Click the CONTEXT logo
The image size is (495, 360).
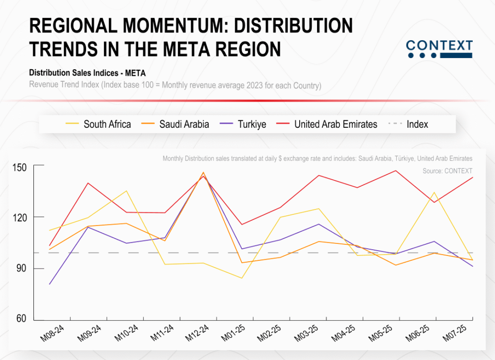pyautogui.click(x=439, y=49)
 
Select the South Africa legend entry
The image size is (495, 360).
pyautogui.click(x=98, y=124)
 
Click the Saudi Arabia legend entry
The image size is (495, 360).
pyautogui.click(x=175, y=124)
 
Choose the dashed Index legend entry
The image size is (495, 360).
pyautogui.click(x=409, y=124)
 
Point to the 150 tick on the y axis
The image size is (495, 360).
pyautogui.click(x=20, y=166)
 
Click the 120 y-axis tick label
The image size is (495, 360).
pyautogui.click(x=20, y=217)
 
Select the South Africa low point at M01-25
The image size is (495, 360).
pyautogui.click(x=241, y=278)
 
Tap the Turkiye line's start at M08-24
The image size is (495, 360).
pyautogui.click(x=50, y=284)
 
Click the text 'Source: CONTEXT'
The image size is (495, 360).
pyautogui.click(x=447, y=171)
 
